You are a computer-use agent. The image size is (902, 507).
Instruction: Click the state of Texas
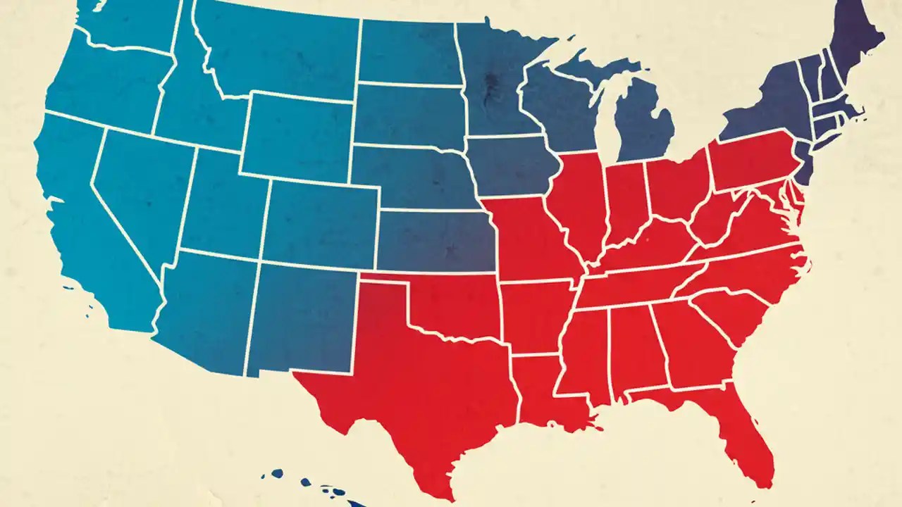click(423, 380)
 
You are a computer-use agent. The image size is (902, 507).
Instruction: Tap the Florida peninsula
click(740, 437)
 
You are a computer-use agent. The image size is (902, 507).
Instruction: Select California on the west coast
click(78, 211)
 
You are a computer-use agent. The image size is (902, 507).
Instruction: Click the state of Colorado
click(321, 222)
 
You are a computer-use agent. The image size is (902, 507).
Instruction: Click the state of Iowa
click(511, 165)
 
